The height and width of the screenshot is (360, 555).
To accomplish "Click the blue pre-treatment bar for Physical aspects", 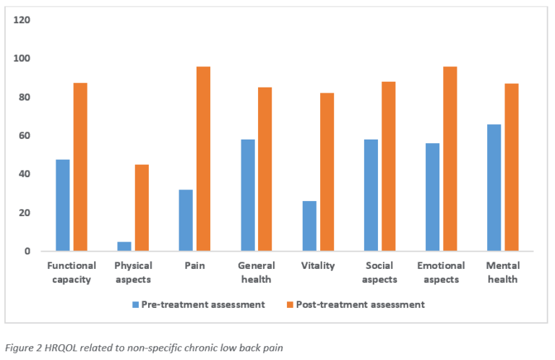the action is point(124,247).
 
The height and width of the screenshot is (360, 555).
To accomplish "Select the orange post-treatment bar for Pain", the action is point(204,159).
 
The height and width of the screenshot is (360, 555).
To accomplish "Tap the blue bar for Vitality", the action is point(310,226).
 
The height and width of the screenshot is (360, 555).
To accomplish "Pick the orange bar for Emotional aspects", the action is point(450,159).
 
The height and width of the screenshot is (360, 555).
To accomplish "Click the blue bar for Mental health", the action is point(494,188).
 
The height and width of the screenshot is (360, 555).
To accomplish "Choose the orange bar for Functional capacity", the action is point(80,167).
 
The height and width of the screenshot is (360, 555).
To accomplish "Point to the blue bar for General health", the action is point(248,195).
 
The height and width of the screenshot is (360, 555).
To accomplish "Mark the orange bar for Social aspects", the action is point(389,166).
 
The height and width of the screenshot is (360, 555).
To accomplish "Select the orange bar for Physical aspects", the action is point(142,207).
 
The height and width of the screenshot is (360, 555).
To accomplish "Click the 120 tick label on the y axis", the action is point(22,20).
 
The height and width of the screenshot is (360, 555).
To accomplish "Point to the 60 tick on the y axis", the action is point(25,136).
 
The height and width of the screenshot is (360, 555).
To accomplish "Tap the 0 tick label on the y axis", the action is point(27,252).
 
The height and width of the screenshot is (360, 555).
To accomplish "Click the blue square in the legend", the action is point(136,305).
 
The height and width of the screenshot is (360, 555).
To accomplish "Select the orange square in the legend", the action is point(291,305).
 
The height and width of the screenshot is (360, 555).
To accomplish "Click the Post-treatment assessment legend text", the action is point(361,305).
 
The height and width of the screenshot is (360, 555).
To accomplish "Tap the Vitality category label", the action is point(318,265).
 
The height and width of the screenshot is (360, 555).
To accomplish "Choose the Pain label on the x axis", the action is point(194,265).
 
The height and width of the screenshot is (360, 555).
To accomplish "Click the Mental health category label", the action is point(503,273).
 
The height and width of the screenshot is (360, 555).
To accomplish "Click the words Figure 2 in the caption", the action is point(24,348).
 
